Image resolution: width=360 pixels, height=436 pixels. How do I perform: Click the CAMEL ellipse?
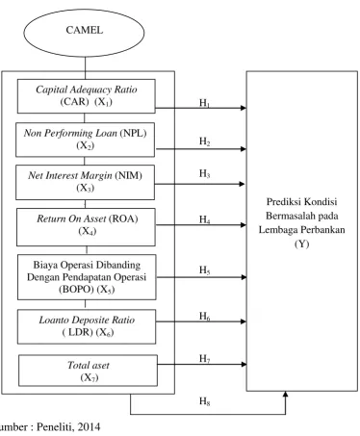pyautogui.click(x=84, y=33)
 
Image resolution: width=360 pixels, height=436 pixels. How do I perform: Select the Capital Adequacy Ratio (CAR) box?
pyautogui.click(x=87, y=96)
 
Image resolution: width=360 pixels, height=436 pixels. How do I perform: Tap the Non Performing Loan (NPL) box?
pyautogui.click(x=85, y=140)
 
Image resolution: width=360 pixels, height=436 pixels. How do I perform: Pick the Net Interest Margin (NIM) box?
pyautogui.click(x=85, y=182)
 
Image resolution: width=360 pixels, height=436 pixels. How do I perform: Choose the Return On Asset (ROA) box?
pyautogui.click(x=86, y=227)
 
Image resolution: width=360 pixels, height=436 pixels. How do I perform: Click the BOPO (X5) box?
pyautogui.click(x=87, y=277)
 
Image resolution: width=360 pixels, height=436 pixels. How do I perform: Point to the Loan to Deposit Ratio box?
pyautogui.click(x=87, y=326)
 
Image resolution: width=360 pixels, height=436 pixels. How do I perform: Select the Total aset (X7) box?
pyautogui.click(x=89, y=371)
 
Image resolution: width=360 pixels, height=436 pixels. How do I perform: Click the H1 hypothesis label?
pyautogui.click(x=204, y=103)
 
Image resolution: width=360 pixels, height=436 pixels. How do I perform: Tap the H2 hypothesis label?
pyautogui.click(x=204, y=141)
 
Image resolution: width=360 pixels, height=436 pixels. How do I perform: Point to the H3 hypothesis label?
pyautogui.click(x=204, y=173)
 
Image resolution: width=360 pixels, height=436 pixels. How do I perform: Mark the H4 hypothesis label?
pyautogui.click(x=204, y=219)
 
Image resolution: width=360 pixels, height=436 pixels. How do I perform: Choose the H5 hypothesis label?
pyautogui.click(x=204, y=270)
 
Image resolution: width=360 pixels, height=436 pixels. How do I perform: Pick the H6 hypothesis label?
pyautogui.click(x=204, y=317)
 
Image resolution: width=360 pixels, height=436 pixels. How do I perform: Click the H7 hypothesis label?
pyautogui.click(x=204, y=358)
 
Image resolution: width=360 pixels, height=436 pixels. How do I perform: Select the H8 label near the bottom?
pyautogui.click(x=204, y=401)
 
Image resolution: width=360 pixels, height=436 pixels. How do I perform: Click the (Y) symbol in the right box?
pyautogui.click(x=301, y=244)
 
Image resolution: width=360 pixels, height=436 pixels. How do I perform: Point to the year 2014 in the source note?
pyautogui.click(x=89, y=426)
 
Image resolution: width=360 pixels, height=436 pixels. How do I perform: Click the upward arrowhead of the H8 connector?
pyautogui.click(x=285, y=395)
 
